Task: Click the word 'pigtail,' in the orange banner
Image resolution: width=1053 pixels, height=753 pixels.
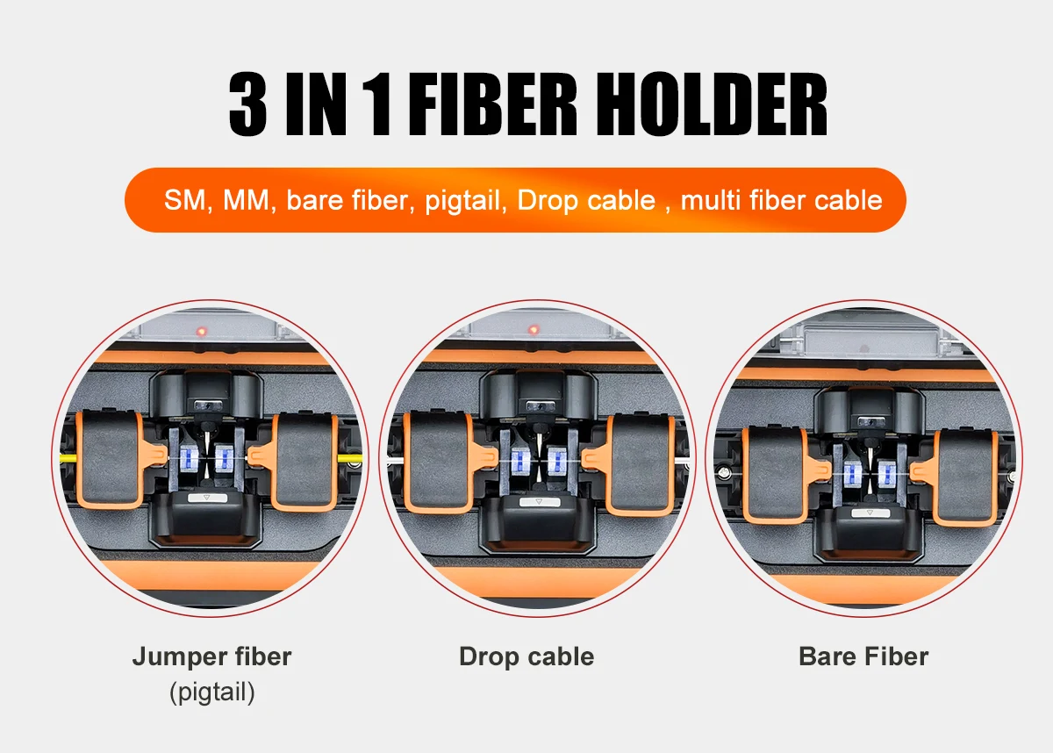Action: click(467, 200)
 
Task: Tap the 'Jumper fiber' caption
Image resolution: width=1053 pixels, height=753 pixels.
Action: click(211, 656)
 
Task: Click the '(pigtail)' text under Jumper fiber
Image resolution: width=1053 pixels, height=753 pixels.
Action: click(211, 692)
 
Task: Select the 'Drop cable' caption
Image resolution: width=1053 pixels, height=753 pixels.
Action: click(526, 656)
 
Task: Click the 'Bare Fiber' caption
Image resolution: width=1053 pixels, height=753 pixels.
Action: click(863, 656)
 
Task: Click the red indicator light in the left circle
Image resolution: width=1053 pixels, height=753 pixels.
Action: click(202, 332)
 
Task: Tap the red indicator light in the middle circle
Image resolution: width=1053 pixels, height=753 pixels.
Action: click(533, 331)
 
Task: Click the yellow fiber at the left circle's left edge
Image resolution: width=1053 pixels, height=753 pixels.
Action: click(68, 458)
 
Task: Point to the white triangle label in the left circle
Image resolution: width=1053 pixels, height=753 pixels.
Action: click(208, 498)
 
